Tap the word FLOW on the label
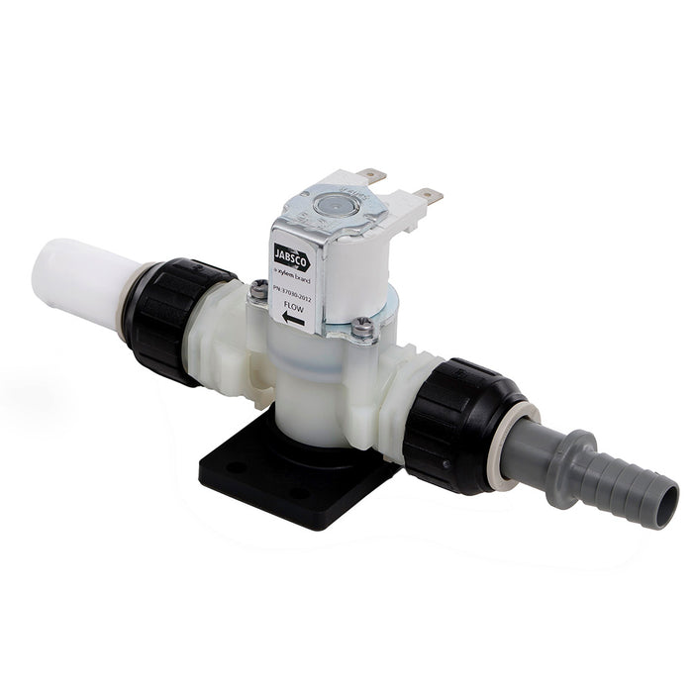pyautogui.click(x=295, y=305)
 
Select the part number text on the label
pyautogui.click(x=293, y=288)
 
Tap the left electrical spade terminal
pyautogui.click(x=371, y=175)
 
